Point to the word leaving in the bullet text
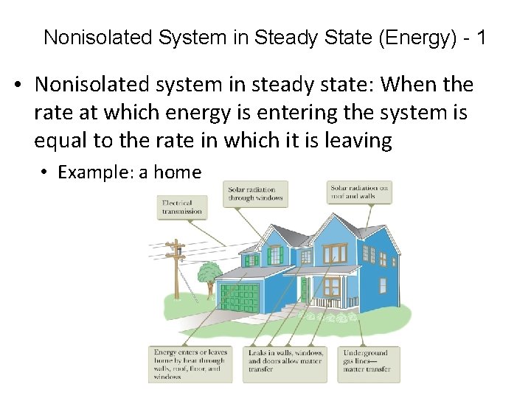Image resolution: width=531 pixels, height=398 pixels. coord(358,140)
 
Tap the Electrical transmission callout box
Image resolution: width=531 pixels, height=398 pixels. coord(181,207)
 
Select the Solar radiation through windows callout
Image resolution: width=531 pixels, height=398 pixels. coord(256,194)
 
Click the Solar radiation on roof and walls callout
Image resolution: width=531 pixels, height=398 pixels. coord(359,192)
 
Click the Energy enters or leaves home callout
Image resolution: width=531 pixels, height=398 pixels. coord(190,364)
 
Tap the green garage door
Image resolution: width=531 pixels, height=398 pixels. coord(240,296)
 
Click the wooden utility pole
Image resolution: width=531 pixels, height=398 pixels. coord(176,276)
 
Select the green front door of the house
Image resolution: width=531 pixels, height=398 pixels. coord(303,291)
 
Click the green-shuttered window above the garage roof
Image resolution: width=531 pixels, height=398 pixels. coord(275,255)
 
